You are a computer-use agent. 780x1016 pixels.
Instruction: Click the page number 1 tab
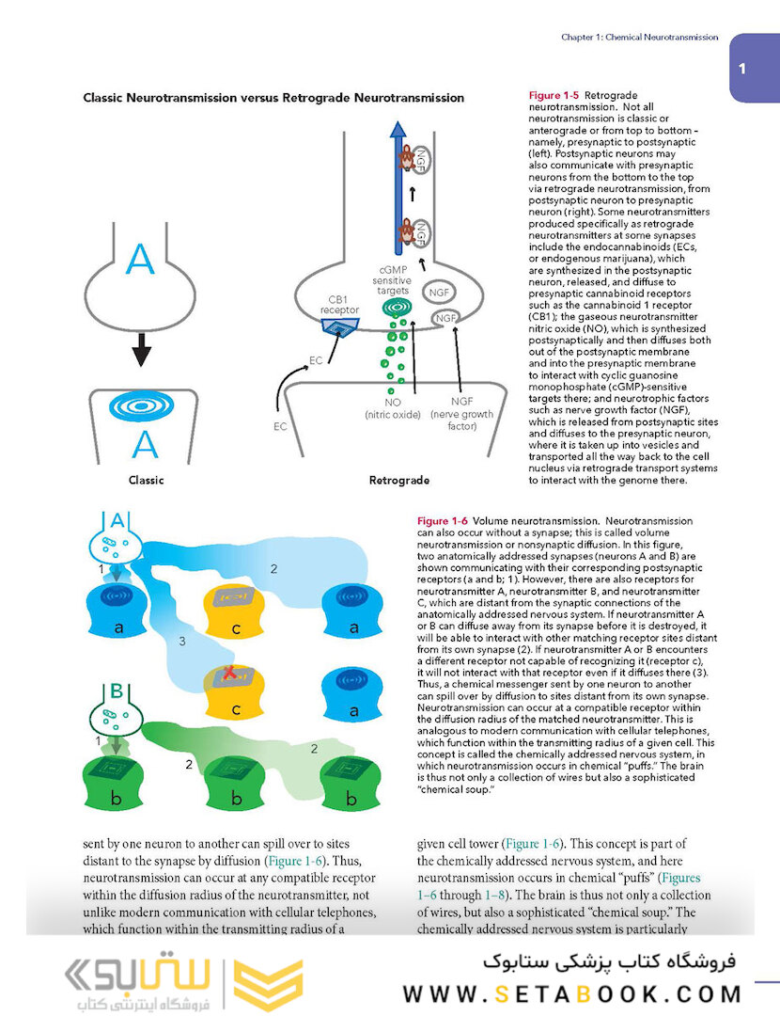pyautogui.click(x=742, y=68)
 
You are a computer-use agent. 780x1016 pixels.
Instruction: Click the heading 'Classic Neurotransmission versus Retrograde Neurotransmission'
pyautogui.click(x=273, y=98)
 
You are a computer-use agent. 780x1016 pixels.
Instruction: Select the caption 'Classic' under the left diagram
pyautogui.click(x=146, y=480)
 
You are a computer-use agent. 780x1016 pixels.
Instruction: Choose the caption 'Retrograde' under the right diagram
pyautogui.click(x=399, y=480)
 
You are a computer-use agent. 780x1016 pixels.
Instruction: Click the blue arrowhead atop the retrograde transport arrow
pyautogui.click(x=398, y=132)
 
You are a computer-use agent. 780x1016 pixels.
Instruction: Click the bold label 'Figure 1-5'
pyautogui.click(x=554, y=96)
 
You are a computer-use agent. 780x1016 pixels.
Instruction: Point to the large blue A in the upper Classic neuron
pyautogui.click(x=141, y=260)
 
